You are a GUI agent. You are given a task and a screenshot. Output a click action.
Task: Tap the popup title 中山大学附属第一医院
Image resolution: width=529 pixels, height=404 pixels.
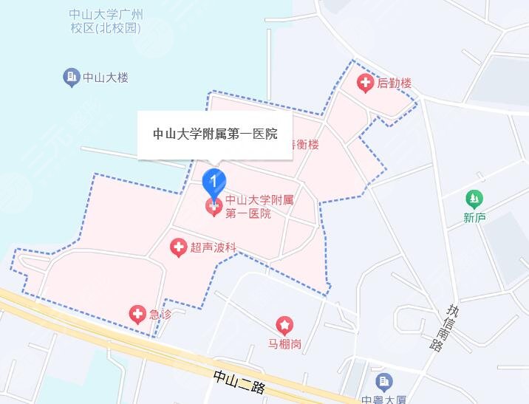coord(215,134)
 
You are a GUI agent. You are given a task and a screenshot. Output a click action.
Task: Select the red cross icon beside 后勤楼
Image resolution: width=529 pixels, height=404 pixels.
coord(365,83)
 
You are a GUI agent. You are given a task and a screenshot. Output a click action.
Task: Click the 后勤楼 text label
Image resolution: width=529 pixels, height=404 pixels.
coord(394,83)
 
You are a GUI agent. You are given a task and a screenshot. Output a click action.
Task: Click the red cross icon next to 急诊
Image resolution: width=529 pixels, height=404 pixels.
coord(137,315)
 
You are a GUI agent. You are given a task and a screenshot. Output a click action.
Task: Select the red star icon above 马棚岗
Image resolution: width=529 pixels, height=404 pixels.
coord(284,324)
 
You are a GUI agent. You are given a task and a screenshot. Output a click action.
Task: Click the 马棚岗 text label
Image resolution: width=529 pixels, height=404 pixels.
coord(284,343)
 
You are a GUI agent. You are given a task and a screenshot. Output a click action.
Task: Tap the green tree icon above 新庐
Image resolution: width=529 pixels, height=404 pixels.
coord(474,199)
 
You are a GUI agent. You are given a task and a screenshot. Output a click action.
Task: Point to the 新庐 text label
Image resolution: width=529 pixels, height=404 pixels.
coord(474,217)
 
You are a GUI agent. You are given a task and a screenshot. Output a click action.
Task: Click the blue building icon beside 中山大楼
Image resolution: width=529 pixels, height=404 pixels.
coord(71,76)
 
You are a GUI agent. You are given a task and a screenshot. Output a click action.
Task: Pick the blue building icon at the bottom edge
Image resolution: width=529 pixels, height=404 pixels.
coord(383,382)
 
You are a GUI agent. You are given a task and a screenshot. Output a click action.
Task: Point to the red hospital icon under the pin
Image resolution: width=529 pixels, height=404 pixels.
coord(214,208)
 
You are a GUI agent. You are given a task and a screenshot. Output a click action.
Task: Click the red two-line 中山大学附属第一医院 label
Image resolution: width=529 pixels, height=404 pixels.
coord(249,206)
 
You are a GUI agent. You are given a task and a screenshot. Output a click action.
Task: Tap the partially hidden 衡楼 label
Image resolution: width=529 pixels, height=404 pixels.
coord(306,145)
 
